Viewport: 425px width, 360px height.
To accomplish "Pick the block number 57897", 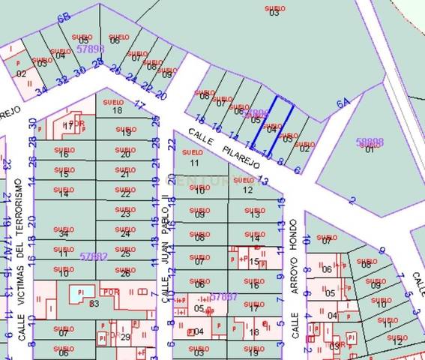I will point(224,297).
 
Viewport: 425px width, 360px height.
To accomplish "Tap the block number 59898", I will point(369,141).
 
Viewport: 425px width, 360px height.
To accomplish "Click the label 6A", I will point(343,104).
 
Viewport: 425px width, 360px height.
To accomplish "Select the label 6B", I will point(63,16).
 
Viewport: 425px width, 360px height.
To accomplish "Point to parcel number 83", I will point(94,303).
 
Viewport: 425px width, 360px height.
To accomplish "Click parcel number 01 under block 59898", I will point(369,148).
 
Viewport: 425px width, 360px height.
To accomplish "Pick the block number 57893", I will point(89,48).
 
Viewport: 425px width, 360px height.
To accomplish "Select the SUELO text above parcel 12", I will point(248,181).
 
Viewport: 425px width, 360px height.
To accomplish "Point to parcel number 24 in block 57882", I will point(125,234).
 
